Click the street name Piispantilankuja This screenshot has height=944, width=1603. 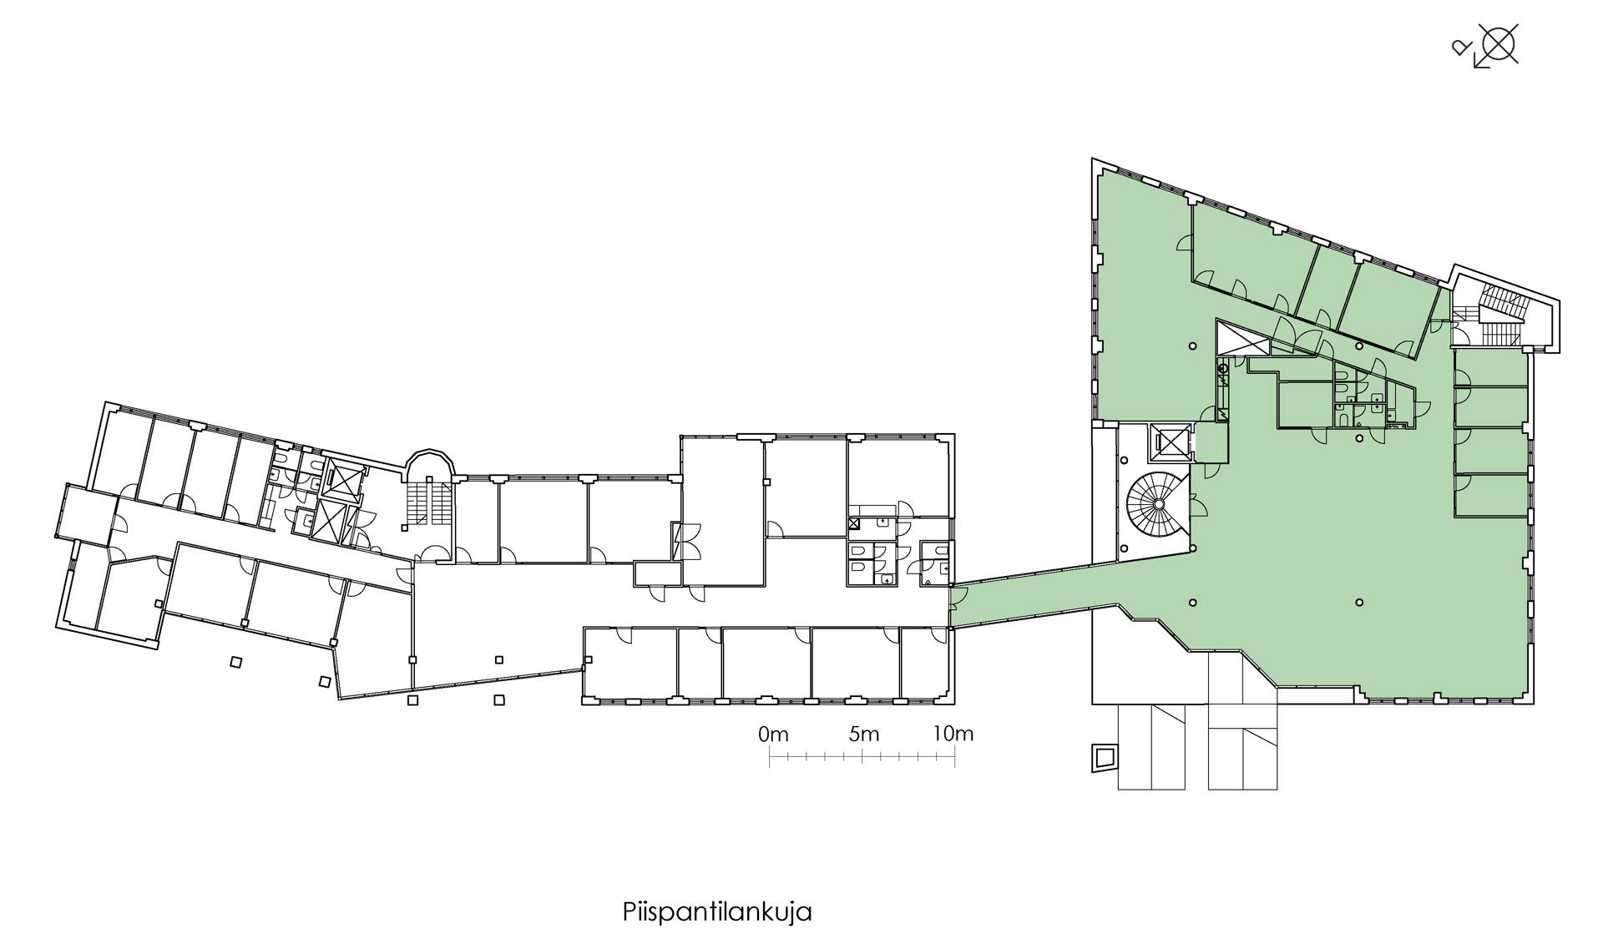717,911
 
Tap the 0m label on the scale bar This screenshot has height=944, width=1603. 774,735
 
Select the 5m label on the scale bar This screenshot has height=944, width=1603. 865,735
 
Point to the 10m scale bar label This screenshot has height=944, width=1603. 953,735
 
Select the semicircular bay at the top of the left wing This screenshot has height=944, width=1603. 430,462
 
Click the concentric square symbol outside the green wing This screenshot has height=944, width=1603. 1105,759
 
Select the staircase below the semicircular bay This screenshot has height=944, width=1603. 428,501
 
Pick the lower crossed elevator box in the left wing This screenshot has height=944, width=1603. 331,522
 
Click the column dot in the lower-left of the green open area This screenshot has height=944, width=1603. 1193,603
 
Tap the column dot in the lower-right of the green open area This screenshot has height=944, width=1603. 1359,603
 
